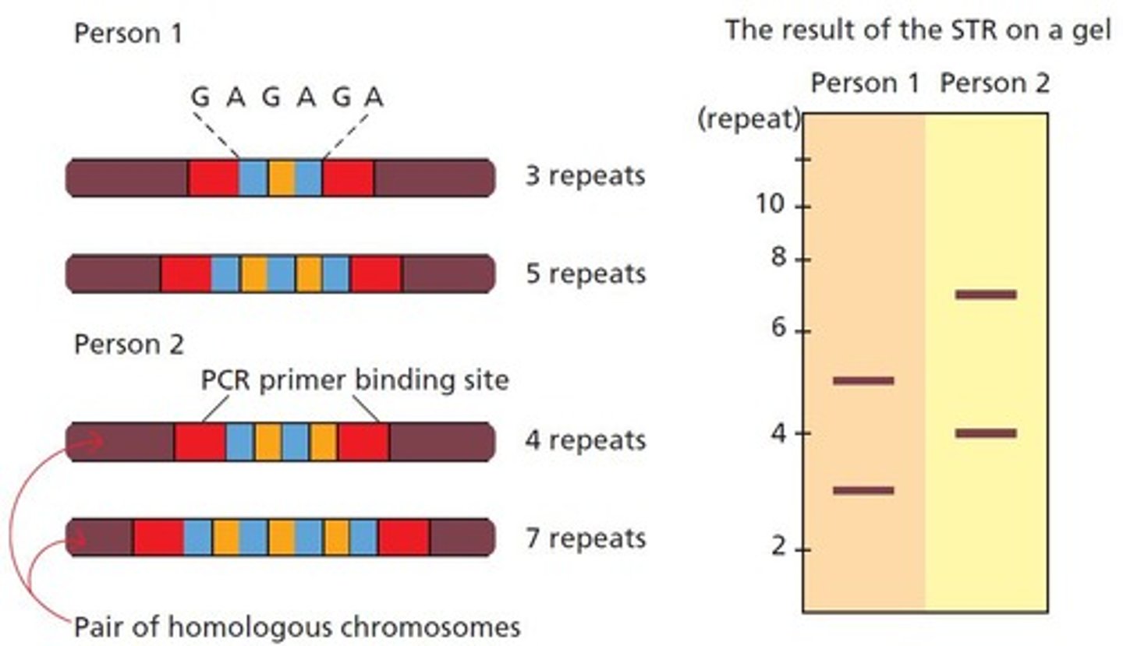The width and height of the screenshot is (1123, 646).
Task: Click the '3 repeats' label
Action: pos(585,176)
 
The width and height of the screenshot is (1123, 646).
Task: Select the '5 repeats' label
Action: pos(585,274)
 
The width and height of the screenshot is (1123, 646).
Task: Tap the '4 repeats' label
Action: pos(585,440)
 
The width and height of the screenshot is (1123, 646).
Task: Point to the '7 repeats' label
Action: pos(585,538)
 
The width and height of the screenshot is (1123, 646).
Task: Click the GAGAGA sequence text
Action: pos(288,97)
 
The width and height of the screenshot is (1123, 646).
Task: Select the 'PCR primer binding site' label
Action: pos(355,380)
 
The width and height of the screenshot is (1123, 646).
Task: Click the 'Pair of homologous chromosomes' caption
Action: pos(296,627)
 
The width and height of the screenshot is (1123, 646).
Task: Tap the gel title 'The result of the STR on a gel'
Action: pos(919,31)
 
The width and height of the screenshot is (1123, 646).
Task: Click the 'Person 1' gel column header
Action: pos(865,83)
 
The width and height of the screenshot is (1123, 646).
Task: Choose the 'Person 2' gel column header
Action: pos(994,83)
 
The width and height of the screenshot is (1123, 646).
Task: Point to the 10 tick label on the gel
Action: pos(771,206)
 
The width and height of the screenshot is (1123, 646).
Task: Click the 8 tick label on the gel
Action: pos(778,258)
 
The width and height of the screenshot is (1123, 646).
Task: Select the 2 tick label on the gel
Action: pos(779,549)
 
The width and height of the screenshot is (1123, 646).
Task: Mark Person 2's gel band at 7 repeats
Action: pos(986,295)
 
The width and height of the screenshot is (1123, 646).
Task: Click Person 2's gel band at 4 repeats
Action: pos(986,433)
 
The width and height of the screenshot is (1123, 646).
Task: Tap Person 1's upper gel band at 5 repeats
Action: pos(863,381)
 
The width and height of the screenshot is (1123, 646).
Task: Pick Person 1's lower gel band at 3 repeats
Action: pos(863,491)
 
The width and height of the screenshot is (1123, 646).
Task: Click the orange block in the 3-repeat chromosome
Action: pos(281,178)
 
